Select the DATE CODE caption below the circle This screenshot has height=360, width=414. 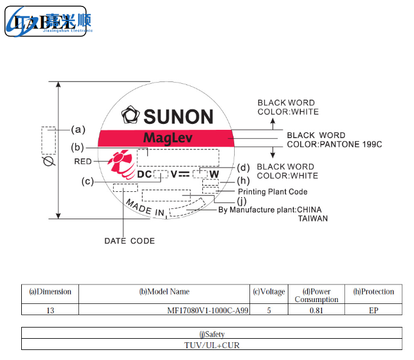[130, 241]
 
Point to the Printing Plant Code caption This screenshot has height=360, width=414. [272, 192]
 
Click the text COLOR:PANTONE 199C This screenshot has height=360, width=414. [334, 144]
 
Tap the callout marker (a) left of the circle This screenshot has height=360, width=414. [78, 129]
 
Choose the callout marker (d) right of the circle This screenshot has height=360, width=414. [244, 167]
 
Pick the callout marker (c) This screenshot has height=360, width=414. [88, 182]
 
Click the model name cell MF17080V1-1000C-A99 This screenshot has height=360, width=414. [208, 310]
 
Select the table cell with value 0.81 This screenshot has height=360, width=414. [316, 310]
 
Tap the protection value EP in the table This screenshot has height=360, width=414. [373, 310]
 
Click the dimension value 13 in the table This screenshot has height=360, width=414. [50, 310]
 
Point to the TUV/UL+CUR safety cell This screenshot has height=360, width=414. [212, 345]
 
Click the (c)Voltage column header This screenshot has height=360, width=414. [269, 292]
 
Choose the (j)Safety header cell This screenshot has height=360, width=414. [212, 334]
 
